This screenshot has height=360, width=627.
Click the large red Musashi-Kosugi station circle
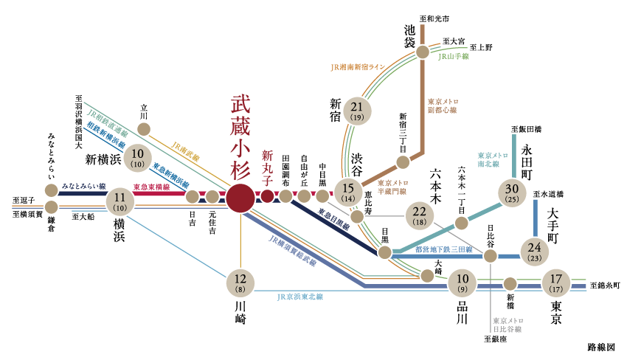pyautogui.click(x=240, y=197)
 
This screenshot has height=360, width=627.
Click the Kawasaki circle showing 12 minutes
pyautogui.click(x=240, y=283)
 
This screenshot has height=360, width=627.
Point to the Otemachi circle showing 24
pyautogui.click(x=536, y=252)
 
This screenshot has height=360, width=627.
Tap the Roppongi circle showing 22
pyautogui.click(x=420, y=215)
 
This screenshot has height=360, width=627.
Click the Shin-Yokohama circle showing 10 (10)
pyautogui.click(x=138, y=157)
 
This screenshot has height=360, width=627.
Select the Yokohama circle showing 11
pyautogui.click(x=120, y=200)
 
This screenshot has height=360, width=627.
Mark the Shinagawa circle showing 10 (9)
pyautogui.click(x=463, y=283)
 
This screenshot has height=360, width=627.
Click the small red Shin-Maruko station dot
pyautogui.click(x=267, y=196)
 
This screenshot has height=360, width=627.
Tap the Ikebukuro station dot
pyautogui.click(x=423, y=52)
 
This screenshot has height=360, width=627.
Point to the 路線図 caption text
pyautogui.click(x=601, y=345)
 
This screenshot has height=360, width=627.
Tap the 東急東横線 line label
pyautogui.click(x=151, y=187)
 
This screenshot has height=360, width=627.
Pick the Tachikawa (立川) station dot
pyautogui.click(x=144, y=129)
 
